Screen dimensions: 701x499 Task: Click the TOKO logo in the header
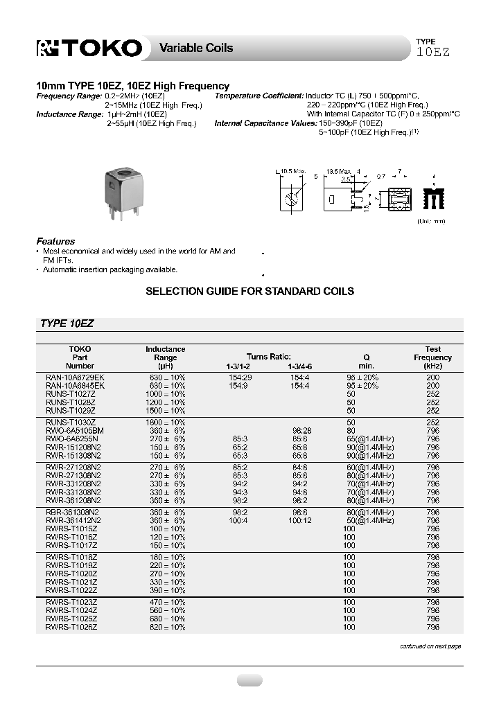point(89,48)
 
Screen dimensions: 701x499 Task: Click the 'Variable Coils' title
point(196,48)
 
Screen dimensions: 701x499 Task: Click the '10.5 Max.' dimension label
point(292,170)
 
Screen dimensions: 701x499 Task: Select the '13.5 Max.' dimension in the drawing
point(340,170)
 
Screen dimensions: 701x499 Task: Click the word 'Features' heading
point(55,241)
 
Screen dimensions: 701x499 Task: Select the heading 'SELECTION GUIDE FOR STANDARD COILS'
point(249,291)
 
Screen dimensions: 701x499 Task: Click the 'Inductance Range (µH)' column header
point(165,357)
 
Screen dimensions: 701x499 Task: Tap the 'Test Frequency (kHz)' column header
point(432,357)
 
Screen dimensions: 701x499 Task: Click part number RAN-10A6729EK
point(75,376)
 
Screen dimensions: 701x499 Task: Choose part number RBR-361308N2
point(73,512)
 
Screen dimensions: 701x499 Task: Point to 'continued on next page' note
point(430,646)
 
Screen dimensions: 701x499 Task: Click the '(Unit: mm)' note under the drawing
point(431,220)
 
